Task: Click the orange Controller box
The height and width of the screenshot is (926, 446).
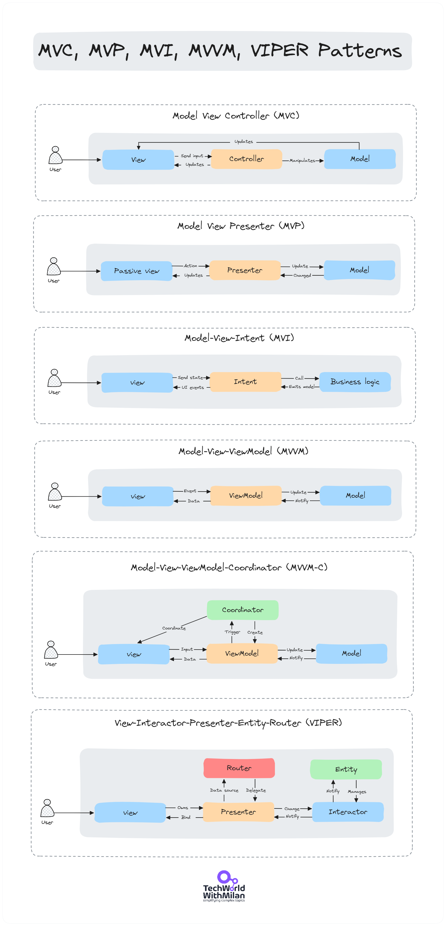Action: coord(246,159)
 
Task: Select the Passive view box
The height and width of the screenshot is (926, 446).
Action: coord(136,271)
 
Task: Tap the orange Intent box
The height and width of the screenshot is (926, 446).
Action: coord(245,381)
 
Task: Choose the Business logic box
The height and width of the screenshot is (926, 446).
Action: coord(354,381)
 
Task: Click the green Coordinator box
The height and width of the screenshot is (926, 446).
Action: coord(242,610)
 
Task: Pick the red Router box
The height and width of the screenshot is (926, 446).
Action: coord(239,768)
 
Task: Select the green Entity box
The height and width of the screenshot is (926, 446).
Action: coord(346,769)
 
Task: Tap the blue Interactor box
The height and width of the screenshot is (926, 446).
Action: coord(348,812)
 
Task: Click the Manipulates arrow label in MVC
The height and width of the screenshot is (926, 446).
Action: coord(302,161)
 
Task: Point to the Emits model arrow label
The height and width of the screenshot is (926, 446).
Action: coord(301,387)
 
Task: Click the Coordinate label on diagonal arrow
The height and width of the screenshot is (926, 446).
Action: coord(174,628)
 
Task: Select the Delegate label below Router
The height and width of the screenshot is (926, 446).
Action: coord(256,790)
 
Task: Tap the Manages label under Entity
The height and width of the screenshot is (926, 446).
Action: coord(357,792)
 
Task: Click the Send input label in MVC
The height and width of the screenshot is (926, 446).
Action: coord(192,156)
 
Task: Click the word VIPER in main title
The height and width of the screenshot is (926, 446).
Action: coord(279,50)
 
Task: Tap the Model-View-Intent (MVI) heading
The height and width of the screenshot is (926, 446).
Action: coord(239,338)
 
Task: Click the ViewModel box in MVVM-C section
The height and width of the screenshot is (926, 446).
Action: coord(242,653)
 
